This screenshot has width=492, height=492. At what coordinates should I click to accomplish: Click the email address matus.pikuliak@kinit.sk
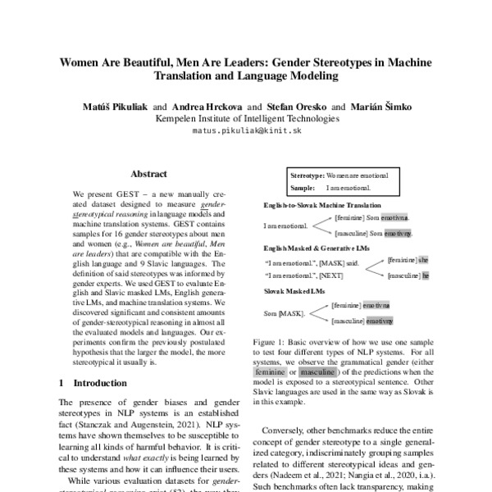tap(245, 130)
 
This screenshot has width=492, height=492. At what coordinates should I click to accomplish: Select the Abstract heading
tap(148, 174)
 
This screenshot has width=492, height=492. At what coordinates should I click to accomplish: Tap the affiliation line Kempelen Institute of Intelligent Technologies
tap(246, 118)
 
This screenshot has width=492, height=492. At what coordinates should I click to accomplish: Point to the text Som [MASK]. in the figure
tap(282, 314)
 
